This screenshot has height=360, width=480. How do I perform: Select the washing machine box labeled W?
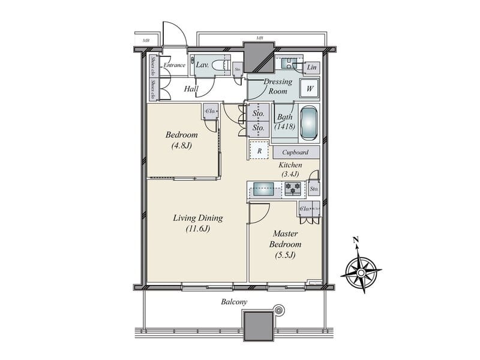tap(310, 89)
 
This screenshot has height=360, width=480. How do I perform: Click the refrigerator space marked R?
tap(259, 151)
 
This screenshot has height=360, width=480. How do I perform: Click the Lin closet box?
tap(311, 68)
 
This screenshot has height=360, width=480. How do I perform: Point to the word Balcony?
tap(235, 302)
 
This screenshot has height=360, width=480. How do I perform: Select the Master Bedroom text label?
tap(286, 244)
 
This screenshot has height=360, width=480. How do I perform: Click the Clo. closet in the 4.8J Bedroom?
tap(211, 111)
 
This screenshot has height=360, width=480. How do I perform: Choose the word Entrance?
tap(175, 65)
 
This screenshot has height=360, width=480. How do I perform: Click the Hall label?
tap(191, 89)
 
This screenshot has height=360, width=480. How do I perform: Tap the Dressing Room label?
tap(278, 86)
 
